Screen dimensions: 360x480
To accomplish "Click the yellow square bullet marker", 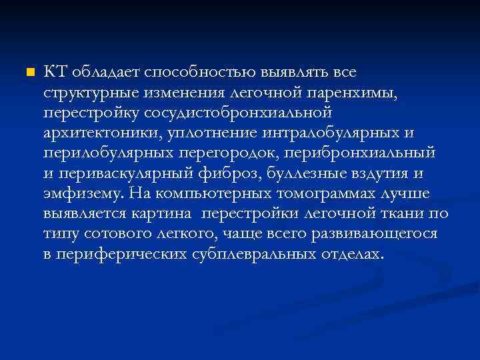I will [28, 71].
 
